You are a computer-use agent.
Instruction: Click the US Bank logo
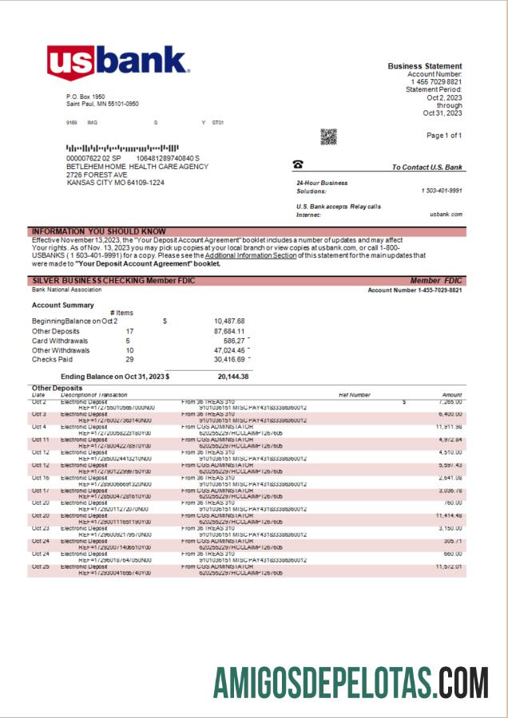[x=117, y=64]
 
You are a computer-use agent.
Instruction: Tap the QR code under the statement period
[x=328, y=136]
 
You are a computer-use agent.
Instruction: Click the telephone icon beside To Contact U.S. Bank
[x=298, y=164]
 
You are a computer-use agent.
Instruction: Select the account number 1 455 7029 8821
[x=437, y=82]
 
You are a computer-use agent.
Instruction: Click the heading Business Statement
[x=424, y=66]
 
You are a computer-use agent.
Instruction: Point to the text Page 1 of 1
[x=444, y=136]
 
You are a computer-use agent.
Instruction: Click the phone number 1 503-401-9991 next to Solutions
[x=442, y=191]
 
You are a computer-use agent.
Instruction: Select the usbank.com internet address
[x=446, y=215]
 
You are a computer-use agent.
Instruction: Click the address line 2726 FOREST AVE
[x=97, y=175]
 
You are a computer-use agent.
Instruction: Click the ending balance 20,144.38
[x=232, y=377]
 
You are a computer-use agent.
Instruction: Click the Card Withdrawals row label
[x=61, y=341]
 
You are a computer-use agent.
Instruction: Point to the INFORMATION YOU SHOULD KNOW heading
[x=99, y=231]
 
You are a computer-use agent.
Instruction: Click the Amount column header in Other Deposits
[x=452, y=395]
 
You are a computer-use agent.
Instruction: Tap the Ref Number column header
[x=355, y=395]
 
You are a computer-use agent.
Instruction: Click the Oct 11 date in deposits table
[x=41, y=440]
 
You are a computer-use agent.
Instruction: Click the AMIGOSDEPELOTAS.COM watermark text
[x=350, y=683]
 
